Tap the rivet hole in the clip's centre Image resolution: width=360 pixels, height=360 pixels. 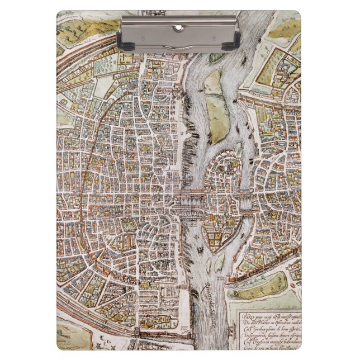pyautogui.click(x=179, y=27)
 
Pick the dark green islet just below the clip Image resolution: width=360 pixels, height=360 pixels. pyautogui.click(x=217, y=57)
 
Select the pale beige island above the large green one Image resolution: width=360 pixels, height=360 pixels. pyautogui.click(x=212, y=83)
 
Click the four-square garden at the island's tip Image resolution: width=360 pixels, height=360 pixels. pyautogui.click(x=213, y=239)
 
